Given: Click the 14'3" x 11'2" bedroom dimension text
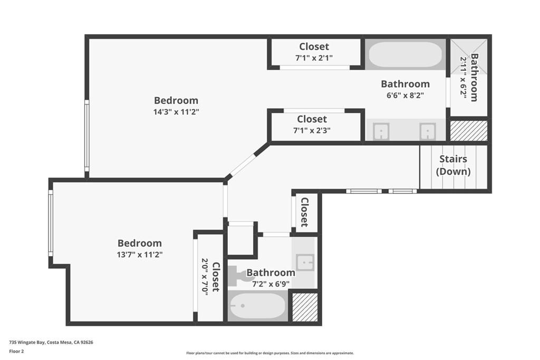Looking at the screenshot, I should point(176,112).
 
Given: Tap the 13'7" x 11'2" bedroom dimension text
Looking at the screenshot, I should point(139,255).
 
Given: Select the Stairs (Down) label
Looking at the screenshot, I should point(453,165).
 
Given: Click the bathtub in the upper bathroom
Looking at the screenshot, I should point(405,55).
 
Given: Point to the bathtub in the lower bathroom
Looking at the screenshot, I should point(258,306).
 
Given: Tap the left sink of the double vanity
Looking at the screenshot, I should point(381,131).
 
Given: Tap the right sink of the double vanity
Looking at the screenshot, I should point(428,131).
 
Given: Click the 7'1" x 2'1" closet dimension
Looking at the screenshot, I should point(314,57).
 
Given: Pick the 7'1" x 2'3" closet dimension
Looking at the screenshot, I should point(312,130).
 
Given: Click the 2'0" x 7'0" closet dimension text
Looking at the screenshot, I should point(205,276).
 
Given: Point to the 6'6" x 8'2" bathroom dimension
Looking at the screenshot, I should point(405,95).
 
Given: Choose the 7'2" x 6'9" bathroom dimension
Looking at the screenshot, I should point(271,284).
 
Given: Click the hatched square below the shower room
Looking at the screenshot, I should point(469,131).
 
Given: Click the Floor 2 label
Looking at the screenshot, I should point(18,351).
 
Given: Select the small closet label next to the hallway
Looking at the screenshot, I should point(304,212).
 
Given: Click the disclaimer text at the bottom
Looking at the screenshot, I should point(269,353).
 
